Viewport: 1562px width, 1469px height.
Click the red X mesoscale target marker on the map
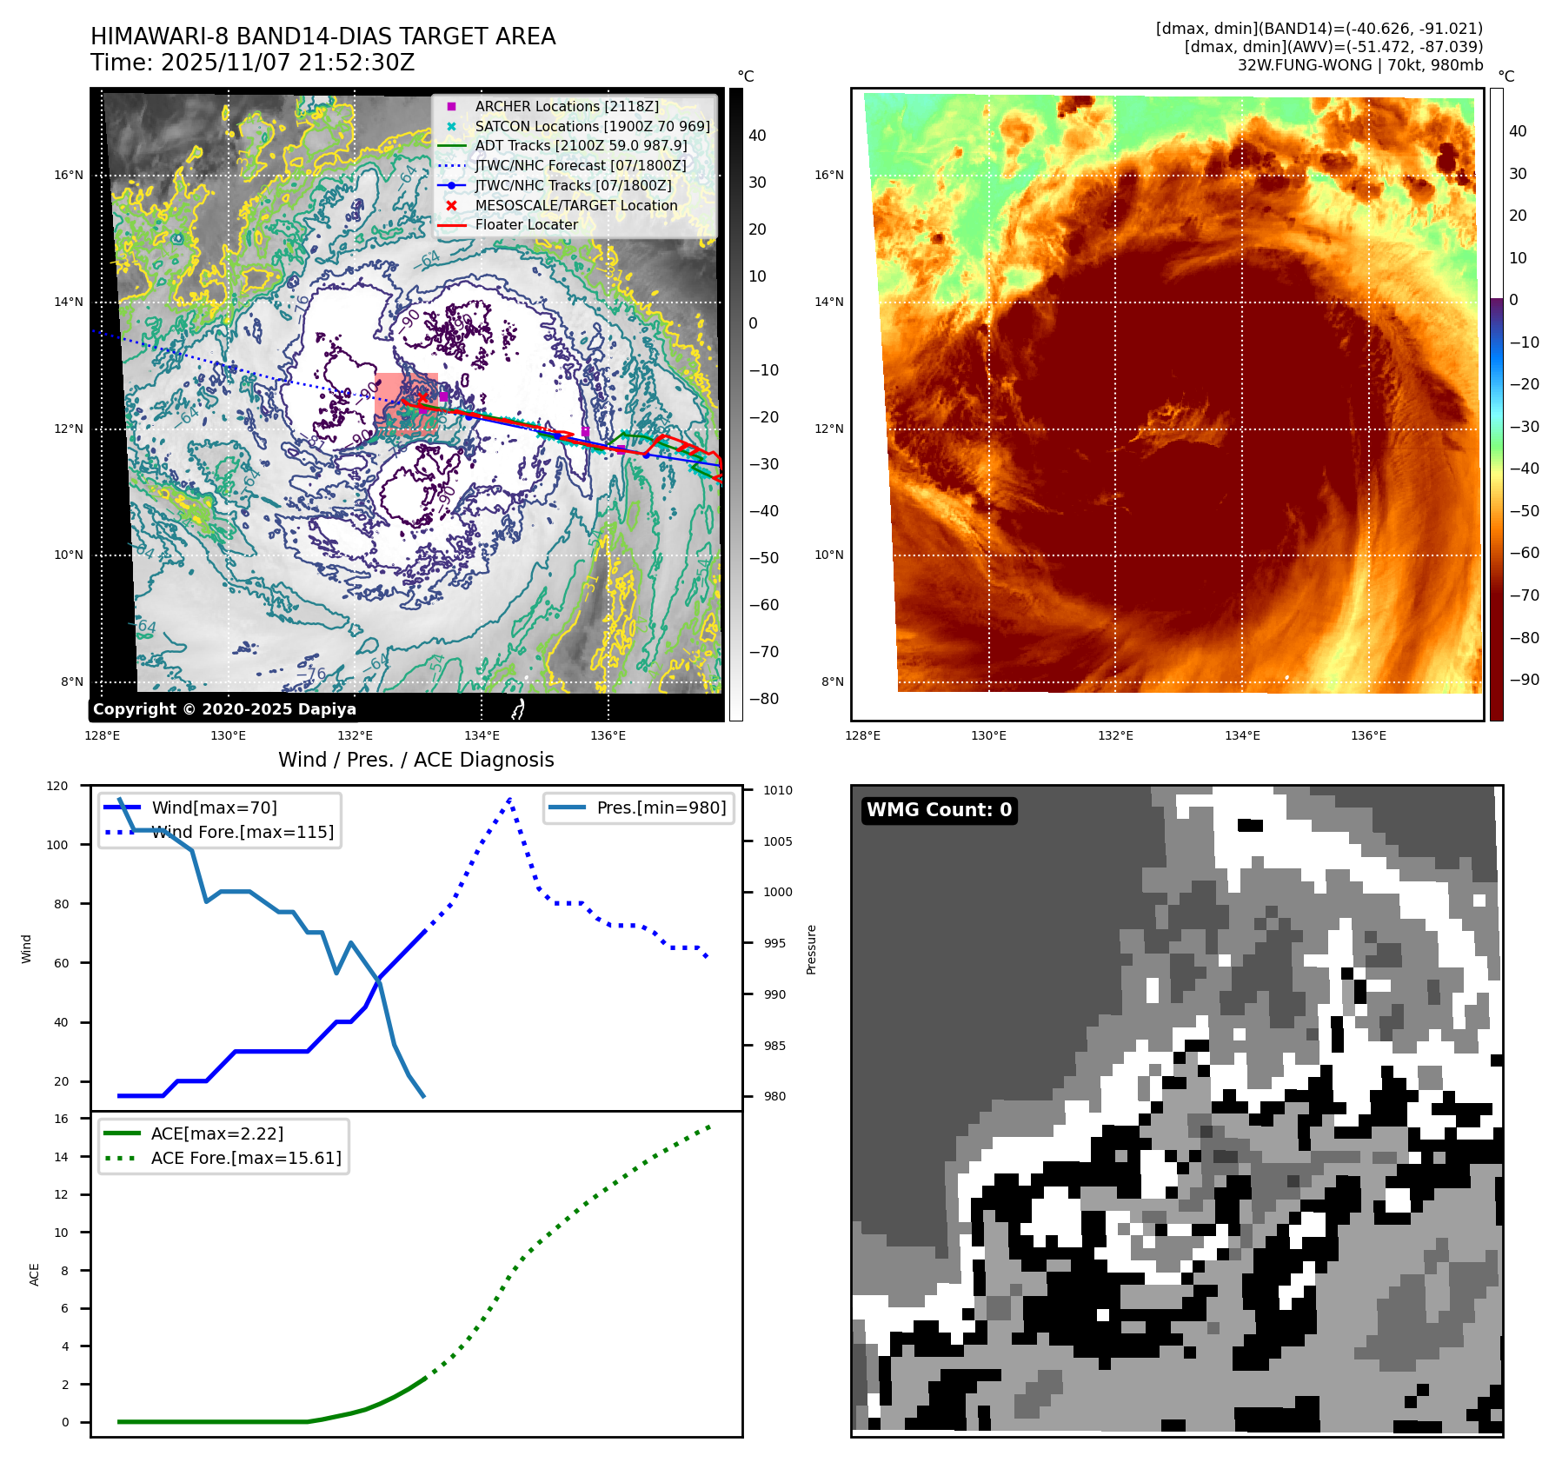[x=423, y=399]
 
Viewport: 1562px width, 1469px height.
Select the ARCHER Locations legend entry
[x=566, y=106]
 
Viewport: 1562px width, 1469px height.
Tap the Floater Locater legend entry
[x=526, y=224]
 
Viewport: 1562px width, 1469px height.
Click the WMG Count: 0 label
[x=939, y=810]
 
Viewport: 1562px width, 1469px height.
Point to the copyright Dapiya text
[x=224, y=709]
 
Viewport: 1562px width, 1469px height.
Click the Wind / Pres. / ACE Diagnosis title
[x=415, y=760]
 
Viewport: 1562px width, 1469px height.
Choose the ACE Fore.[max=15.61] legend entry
[x=246, y=1158]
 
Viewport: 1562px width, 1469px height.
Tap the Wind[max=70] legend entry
[x=214, y=808]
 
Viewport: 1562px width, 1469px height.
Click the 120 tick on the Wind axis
[x=57, y=786]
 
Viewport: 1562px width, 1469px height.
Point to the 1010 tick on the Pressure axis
[x=778, y=790]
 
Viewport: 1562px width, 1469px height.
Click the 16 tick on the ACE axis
[x=62, y=1119]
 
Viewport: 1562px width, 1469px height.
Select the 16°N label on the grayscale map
[x=69, y=176]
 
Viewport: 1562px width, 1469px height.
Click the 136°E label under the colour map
[x=1368, y=735]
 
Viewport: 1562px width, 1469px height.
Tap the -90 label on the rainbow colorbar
[x=1524, y=680]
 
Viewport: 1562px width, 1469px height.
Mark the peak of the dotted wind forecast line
[x=509, y=798]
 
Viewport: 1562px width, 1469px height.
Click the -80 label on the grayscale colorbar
[x=764, y=699]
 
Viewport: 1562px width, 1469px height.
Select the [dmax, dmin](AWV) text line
[x=1333, y=47]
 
